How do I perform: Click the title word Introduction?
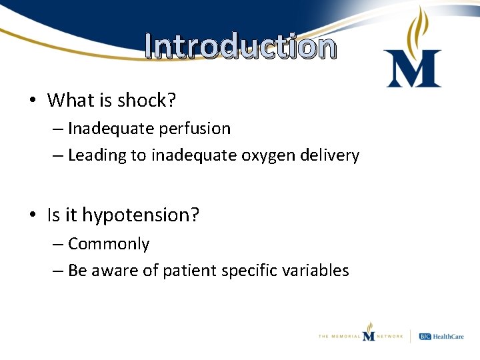[240, 47]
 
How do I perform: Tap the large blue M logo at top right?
[413, 69]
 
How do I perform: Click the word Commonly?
[109, 244]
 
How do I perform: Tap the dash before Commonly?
[58, 244]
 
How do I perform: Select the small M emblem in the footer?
[369, 334]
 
